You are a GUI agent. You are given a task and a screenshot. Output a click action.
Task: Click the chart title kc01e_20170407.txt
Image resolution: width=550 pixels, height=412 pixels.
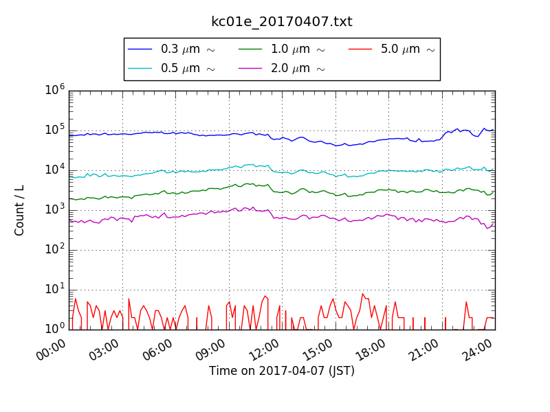click(x=281, y=22)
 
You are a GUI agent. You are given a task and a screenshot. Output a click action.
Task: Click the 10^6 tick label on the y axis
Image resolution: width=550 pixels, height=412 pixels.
click(x=54, y=89)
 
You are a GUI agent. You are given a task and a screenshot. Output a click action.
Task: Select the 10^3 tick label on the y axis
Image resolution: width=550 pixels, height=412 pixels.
click(x=54, y=209)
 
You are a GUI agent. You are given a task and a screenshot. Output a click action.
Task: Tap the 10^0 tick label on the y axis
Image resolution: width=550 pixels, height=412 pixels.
click(x=54, y=328)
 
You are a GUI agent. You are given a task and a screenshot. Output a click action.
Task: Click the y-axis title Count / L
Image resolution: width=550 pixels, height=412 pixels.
click(x=20, y=210)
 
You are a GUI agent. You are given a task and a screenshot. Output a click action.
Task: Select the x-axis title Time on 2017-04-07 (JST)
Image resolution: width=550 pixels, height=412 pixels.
click(x=281, y=371)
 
